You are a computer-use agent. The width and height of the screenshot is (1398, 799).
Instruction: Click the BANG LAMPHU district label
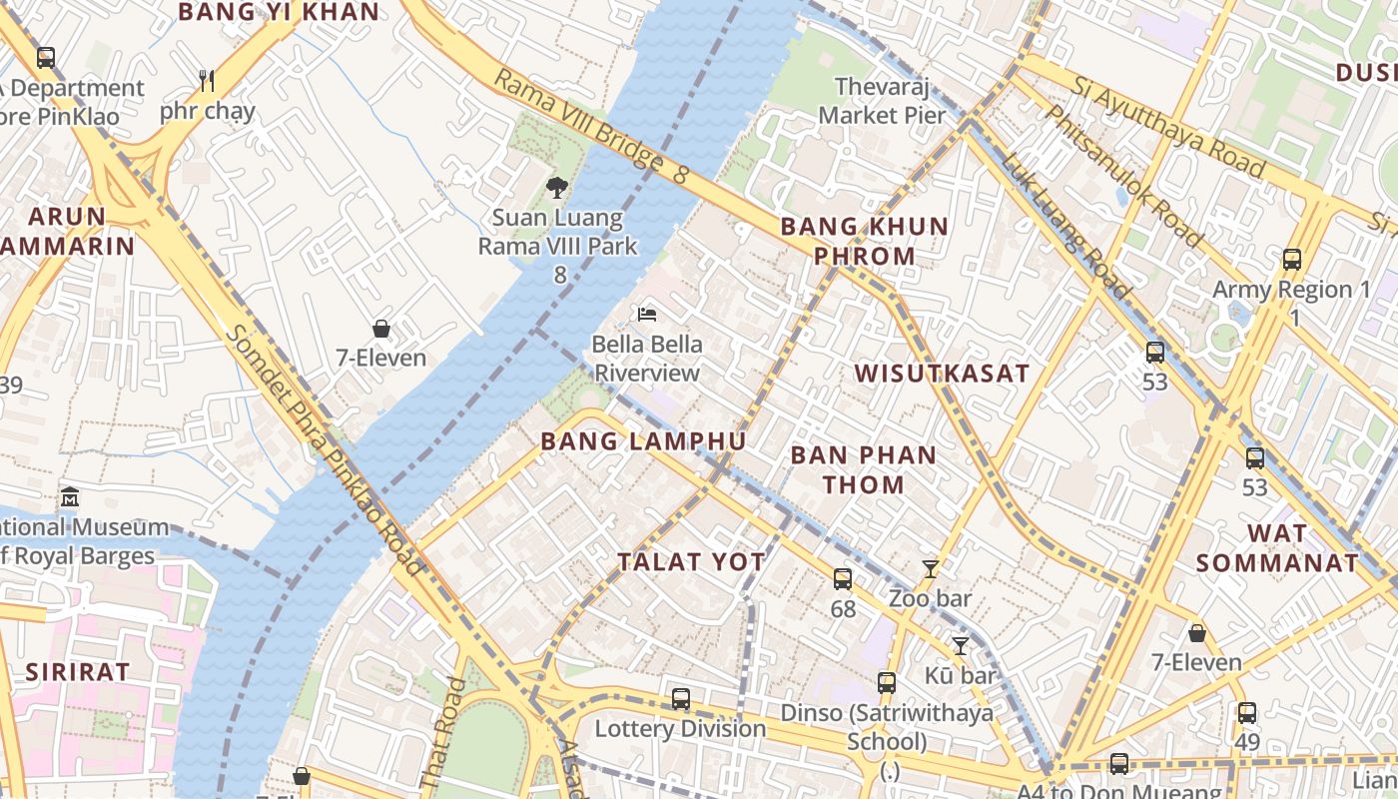pyautogui.click(x=643, y=441)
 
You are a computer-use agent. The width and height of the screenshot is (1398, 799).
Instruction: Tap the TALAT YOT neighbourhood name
pyautogui.click(x=691, y=562)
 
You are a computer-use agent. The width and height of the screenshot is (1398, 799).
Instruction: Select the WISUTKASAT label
pyautogui.click(x=942, y=374)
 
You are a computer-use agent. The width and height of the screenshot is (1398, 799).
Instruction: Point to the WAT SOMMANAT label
pyautogui.click(x=1277, y=547)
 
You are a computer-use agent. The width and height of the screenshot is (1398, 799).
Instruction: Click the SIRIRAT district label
pyautogui.click(x=78, y=671)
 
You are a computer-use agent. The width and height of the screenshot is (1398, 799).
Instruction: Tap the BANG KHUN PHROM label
pyautogui.click(x=864, y=241)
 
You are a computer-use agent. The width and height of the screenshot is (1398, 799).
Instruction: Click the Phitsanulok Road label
pyautogui.click(x=1122, y=176)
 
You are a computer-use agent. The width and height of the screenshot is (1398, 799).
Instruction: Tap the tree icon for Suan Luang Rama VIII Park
pyautogui.click(x=557, y=187)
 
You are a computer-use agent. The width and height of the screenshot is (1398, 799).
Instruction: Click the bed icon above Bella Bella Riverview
pyautogui.click(x=647, y=315)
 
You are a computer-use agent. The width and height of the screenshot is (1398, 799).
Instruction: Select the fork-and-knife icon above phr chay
pyautogui.click(x=207, y=80)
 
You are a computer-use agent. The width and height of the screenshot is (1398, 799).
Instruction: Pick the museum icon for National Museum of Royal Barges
pyautogui.click(x=69, y=496)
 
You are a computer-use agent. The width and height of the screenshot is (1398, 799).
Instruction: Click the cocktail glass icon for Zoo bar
pyautogui.click(x=930, y=569)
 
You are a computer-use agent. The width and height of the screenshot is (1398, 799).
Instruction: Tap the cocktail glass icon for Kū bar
pyautogui.click(x=961, y=645)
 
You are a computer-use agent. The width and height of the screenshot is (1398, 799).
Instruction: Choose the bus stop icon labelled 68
pyautogui.click(x=843, y=578)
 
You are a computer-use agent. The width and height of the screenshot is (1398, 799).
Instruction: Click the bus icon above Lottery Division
pyautogui.click(x=681, y=698)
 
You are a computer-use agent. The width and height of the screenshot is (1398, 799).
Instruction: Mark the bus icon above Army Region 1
pyautogui.click(x=1292, y=260)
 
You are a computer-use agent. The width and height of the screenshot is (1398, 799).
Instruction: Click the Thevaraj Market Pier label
pyautogui.click(x=882, y=101)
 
